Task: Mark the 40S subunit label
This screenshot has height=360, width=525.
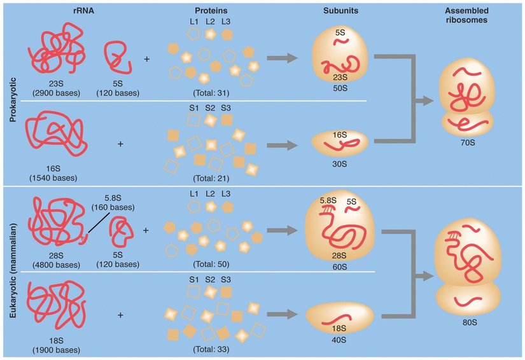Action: (340, 340)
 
